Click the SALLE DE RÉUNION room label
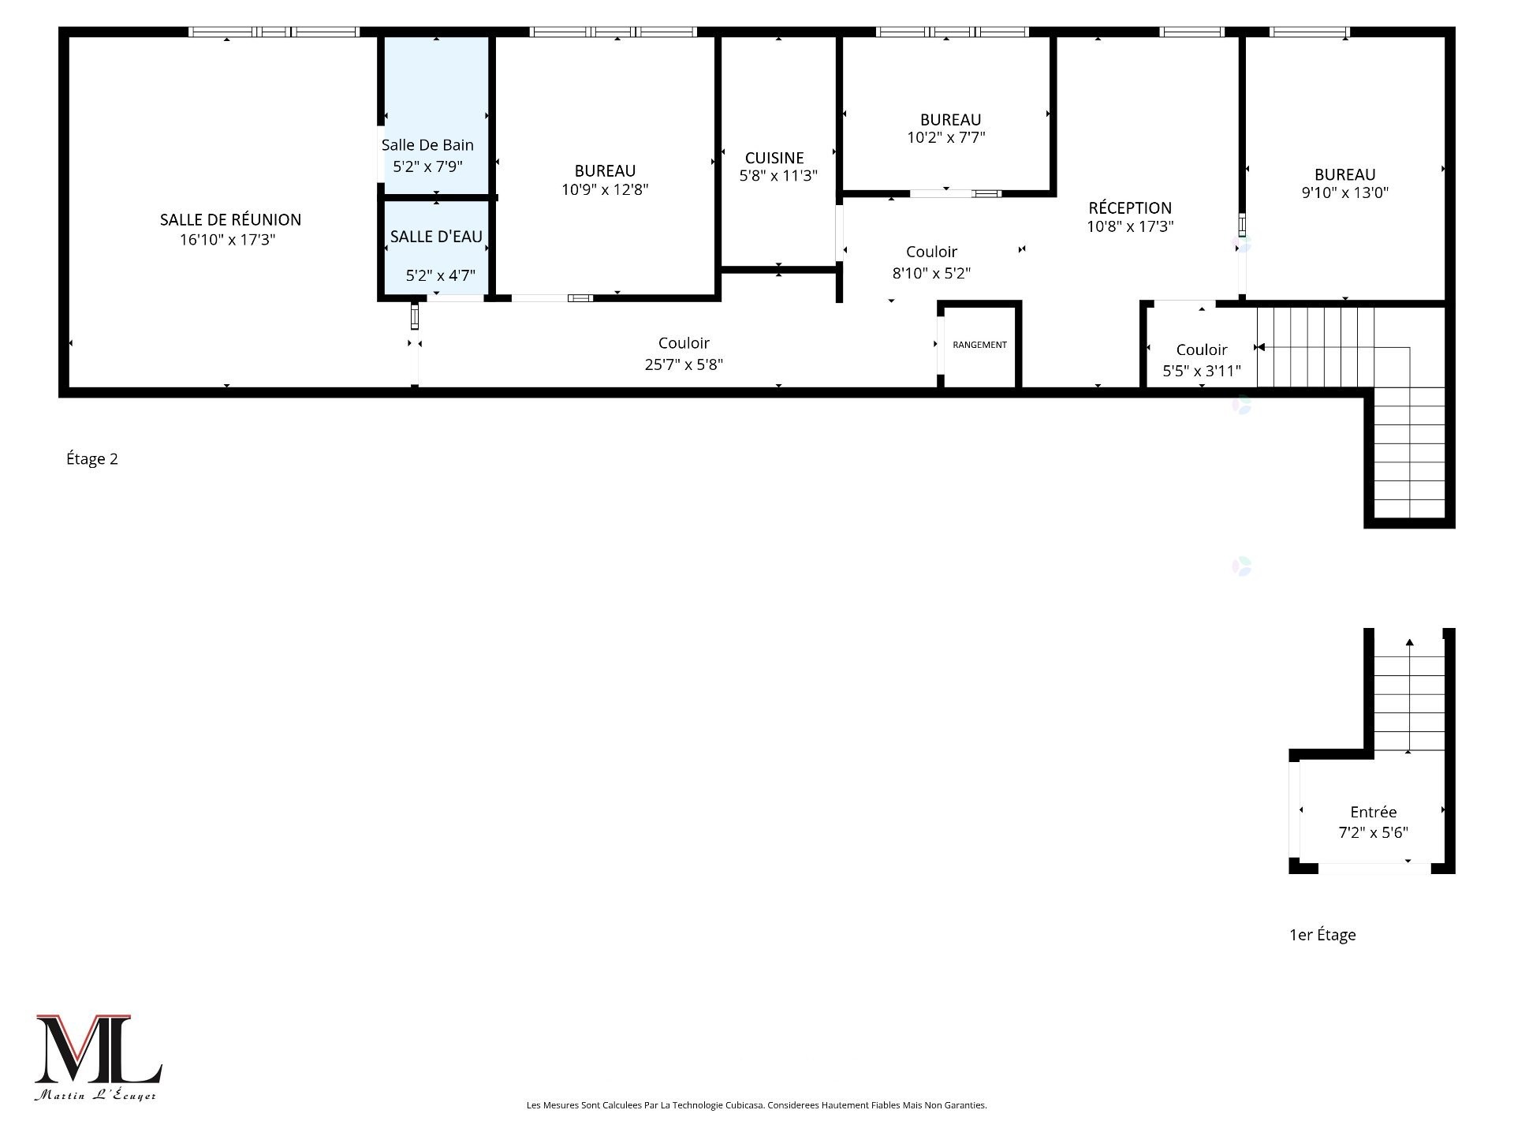coord(230,219)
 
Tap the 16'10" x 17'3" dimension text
coord(227,240)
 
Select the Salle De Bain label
coord(427,145)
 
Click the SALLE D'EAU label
coord(436,237)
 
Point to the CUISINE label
coord(774,158)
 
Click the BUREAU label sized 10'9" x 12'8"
coord(605,170)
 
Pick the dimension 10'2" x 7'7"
coord(946,138)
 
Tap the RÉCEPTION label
coord(1130,207)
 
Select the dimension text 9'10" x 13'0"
coord(1344,192)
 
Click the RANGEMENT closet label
coord(979,345)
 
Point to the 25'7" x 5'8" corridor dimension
coord(684,364)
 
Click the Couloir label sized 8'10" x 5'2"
coord(931,252)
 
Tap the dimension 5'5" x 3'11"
coord(1202,371)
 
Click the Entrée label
coord(1373,812)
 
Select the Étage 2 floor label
coord(92,459)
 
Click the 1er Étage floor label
coord(1322,935)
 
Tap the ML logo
coord(98,1049)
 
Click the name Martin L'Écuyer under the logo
coord(95,1096)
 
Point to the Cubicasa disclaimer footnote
coord(756,1105)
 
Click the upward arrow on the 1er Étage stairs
coord(1409,643)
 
